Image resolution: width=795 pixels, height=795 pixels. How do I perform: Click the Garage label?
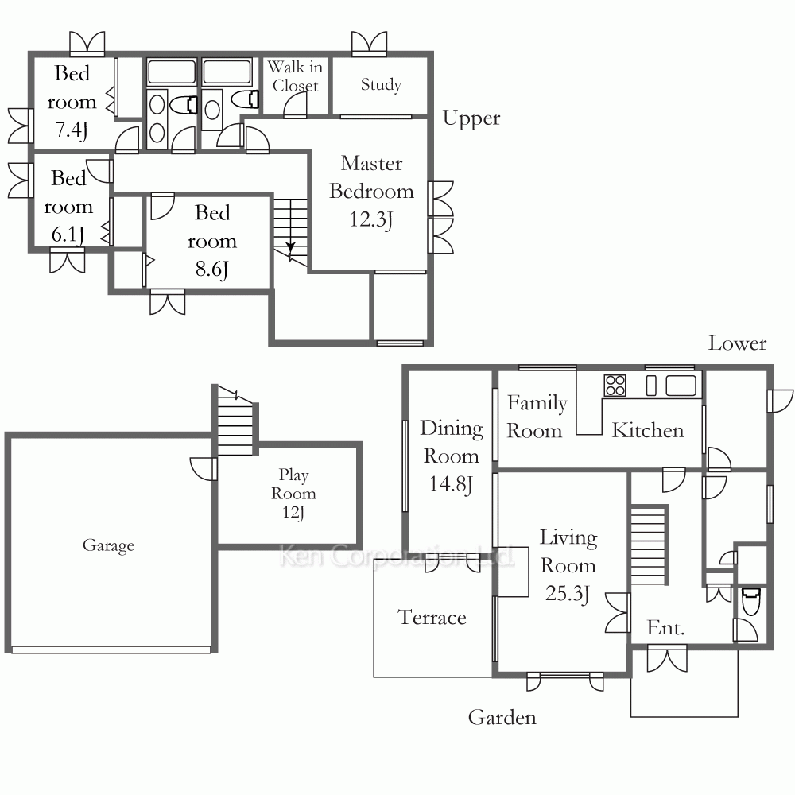click(x=108, y=545)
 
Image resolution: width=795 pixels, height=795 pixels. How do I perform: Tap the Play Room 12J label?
click(x=293, y=494)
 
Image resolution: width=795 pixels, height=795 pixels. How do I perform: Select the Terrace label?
click(x=432, y=617)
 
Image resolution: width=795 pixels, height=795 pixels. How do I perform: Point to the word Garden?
click(x=502, y=717)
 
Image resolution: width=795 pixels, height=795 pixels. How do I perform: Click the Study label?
click(x=382, y=84)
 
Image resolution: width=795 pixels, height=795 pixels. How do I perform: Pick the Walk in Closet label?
click(x=295, y=76)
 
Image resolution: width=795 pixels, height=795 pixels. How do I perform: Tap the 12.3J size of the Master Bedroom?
click(x=371, y=219)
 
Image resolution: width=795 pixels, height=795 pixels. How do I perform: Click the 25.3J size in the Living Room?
click(x=568, y=593)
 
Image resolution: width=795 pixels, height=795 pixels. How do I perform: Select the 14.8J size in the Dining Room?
click(x=451, y=483)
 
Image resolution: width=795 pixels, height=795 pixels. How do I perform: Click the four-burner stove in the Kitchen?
click(x=615, y=385)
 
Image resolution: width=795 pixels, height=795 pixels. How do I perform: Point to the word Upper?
click(x=471, y=119)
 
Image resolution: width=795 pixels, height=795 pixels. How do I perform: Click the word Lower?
click(x=737, y=343)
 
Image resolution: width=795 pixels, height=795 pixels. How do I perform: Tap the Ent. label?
click(x=665, y=628)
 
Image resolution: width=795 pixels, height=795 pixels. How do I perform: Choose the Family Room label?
click(x=537, y=417)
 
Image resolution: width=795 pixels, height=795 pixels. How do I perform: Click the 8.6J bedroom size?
click(x=212, y=270)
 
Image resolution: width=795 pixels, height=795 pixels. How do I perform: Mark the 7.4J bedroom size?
click(x=72, y=130)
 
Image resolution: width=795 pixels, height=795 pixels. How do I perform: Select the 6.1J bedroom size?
click(x=68, y=235)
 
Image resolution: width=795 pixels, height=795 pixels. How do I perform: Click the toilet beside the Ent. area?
click(x=750, y=601)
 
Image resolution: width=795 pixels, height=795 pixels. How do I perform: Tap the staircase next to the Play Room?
click(x=235, y=421)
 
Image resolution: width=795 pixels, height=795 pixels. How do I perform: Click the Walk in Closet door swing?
click(x=295, y=106)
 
